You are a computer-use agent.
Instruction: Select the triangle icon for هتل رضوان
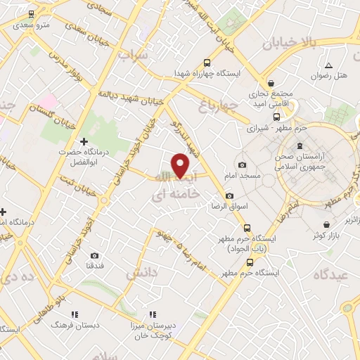pos(328,65)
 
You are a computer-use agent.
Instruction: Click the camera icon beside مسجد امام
pos(243,165)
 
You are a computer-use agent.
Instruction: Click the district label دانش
pos(138,275)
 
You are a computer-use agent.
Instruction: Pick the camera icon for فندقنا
pos(94,256)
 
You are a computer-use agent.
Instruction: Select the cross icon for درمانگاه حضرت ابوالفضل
pos(84,141)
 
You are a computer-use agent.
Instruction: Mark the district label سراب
pos(134,54)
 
